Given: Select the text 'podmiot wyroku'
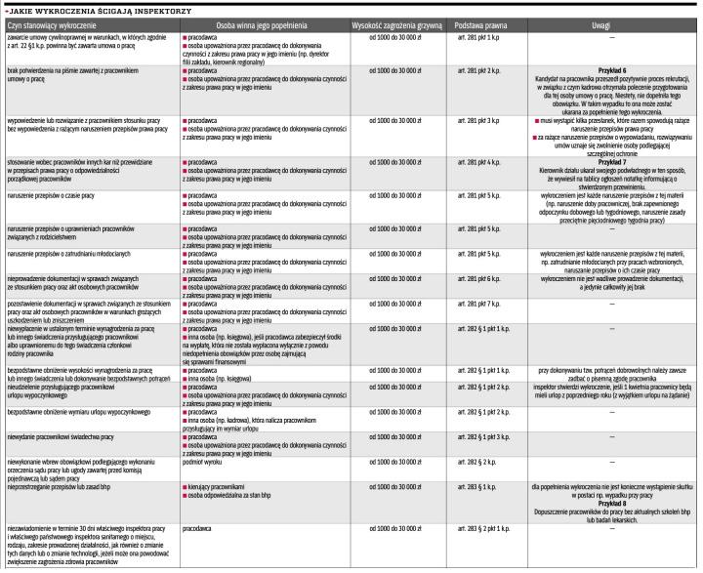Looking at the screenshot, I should point(200,458).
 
